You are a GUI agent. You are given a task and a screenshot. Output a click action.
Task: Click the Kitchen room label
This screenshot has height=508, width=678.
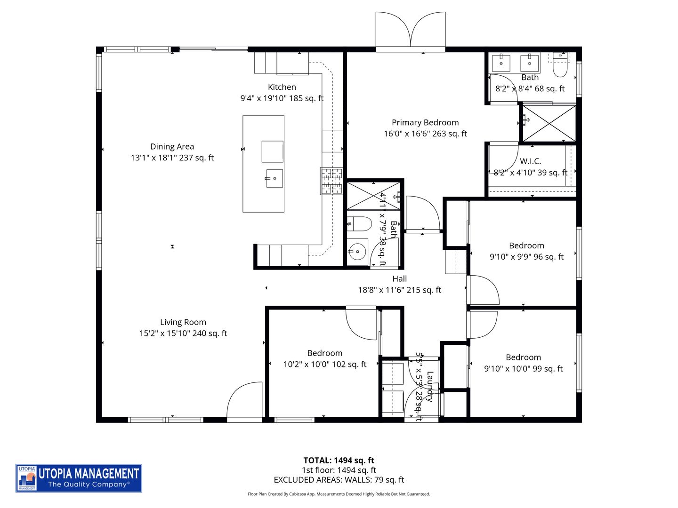(282, 87)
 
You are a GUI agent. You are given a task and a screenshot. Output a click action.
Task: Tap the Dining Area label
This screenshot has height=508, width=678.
(172, 147)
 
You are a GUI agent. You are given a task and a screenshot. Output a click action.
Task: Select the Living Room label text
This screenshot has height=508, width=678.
(183, 322)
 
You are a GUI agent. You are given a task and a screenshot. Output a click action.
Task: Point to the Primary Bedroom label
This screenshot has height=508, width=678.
(425, 123)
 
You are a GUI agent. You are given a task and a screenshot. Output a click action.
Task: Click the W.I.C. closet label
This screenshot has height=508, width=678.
(530, 161)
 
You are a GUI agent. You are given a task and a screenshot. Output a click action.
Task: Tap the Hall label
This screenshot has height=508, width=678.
(399, 279)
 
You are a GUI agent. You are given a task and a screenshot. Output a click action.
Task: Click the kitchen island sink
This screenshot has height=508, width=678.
(274, 179)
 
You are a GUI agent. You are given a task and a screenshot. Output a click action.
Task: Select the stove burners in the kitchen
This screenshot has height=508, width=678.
(332, 181)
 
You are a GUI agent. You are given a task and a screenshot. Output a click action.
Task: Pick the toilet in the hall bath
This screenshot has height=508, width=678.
(360, 224)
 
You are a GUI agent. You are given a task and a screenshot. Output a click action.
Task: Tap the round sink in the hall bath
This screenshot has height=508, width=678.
(358, 252)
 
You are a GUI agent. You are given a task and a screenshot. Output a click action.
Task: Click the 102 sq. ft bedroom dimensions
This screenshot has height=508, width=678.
(324, 365)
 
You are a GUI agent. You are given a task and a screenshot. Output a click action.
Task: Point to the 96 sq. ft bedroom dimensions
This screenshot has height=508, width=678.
(526, 257)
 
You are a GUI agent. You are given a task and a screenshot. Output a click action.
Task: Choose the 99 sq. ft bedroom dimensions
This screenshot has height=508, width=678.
(523, 369)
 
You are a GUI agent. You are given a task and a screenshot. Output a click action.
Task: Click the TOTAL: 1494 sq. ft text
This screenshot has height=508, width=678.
(339, 460)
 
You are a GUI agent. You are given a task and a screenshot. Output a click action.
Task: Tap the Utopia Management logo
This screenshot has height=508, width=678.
(79, 478)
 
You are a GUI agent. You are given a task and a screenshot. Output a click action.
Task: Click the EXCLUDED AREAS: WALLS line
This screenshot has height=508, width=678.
(339, 480)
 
